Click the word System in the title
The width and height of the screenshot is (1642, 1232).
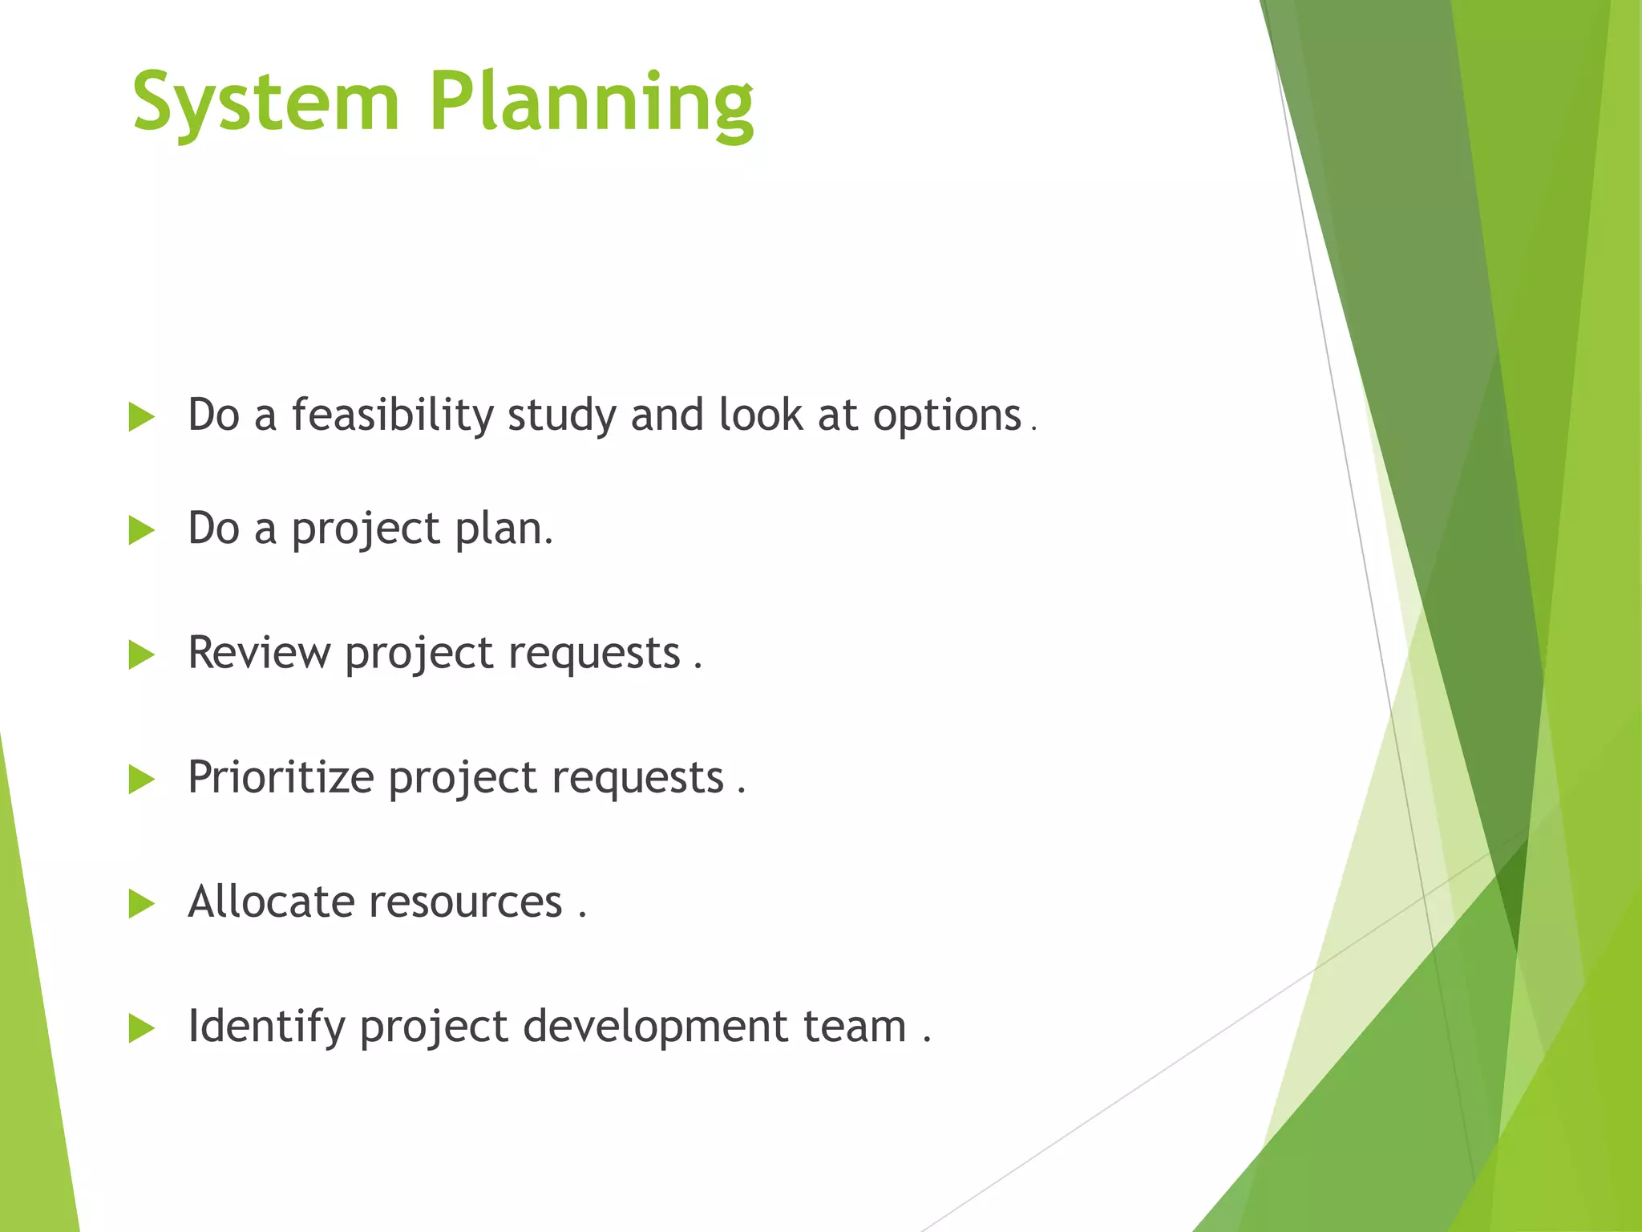(265, 103)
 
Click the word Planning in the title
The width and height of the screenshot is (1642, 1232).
(592, 103)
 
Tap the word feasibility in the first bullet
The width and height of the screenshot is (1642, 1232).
(393, 415)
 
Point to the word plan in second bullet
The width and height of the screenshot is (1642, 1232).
(503, 530)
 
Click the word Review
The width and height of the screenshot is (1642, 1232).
(258, 652)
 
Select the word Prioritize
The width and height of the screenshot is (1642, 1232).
(281, 777)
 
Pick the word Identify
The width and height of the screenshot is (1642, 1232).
(266, 1027)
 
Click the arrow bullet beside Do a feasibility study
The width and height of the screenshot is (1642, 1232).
(141, 417)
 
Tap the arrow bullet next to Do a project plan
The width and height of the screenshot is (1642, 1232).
(141, 530)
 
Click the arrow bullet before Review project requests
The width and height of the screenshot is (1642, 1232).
(141, 654)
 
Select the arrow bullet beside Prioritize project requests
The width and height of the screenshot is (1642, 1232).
(141, 779)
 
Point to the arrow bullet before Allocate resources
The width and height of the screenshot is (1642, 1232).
(141, 904)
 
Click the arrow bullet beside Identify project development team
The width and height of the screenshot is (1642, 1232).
(141, 1028)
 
